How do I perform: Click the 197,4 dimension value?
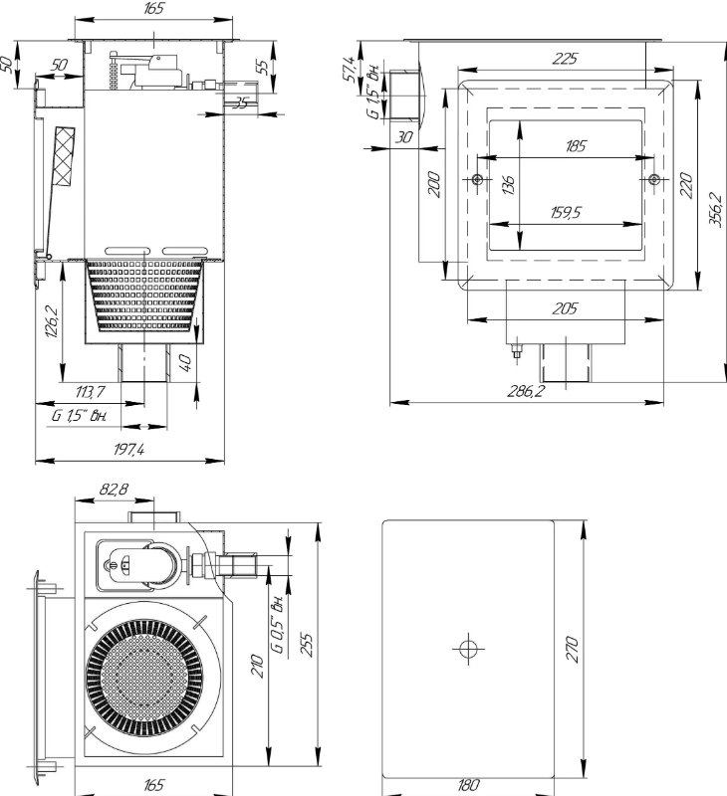click(128, 450)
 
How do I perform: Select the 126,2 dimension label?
click(52, 321)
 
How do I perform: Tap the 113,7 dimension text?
click(91, 391)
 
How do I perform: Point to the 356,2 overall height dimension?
click(715, 209)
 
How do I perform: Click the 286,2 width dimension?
click(525, 391)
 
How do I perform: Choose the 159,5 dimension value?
click(566, 212)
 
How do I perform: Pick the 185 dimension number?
click(576, 146)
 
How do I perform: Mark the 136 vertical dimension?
click(508, 184)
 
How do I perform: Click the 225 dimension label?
click(565, 59)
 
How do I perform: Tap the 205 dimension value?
click(565, 308)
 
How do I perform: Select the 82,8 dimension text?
click(114, 489)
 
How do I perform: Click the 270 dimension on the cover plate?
click(572, 649)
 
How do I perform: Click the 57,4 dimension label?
click(349, 69)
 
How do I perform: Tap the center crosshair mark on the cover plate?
click(468, 649)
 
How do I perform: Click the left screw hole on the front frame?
click(477, 179)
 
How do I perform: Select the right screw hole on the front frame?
click(654, 179)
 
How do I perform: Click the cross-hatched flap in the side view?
click(65, 157)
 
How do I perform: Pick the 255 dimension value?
click(307, 644)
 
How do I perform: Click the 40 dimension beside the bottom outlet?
click(186, 362)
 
